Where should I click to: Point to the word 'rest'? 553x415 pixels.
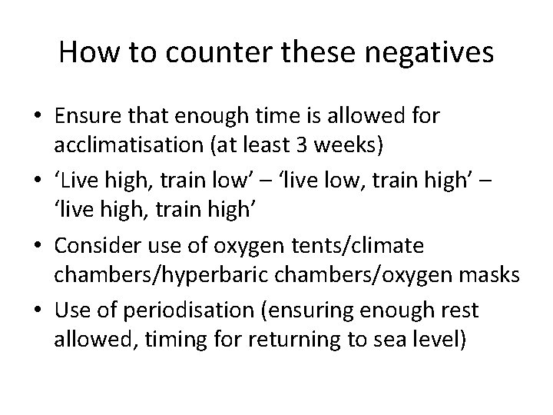(x=460, y=312)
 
